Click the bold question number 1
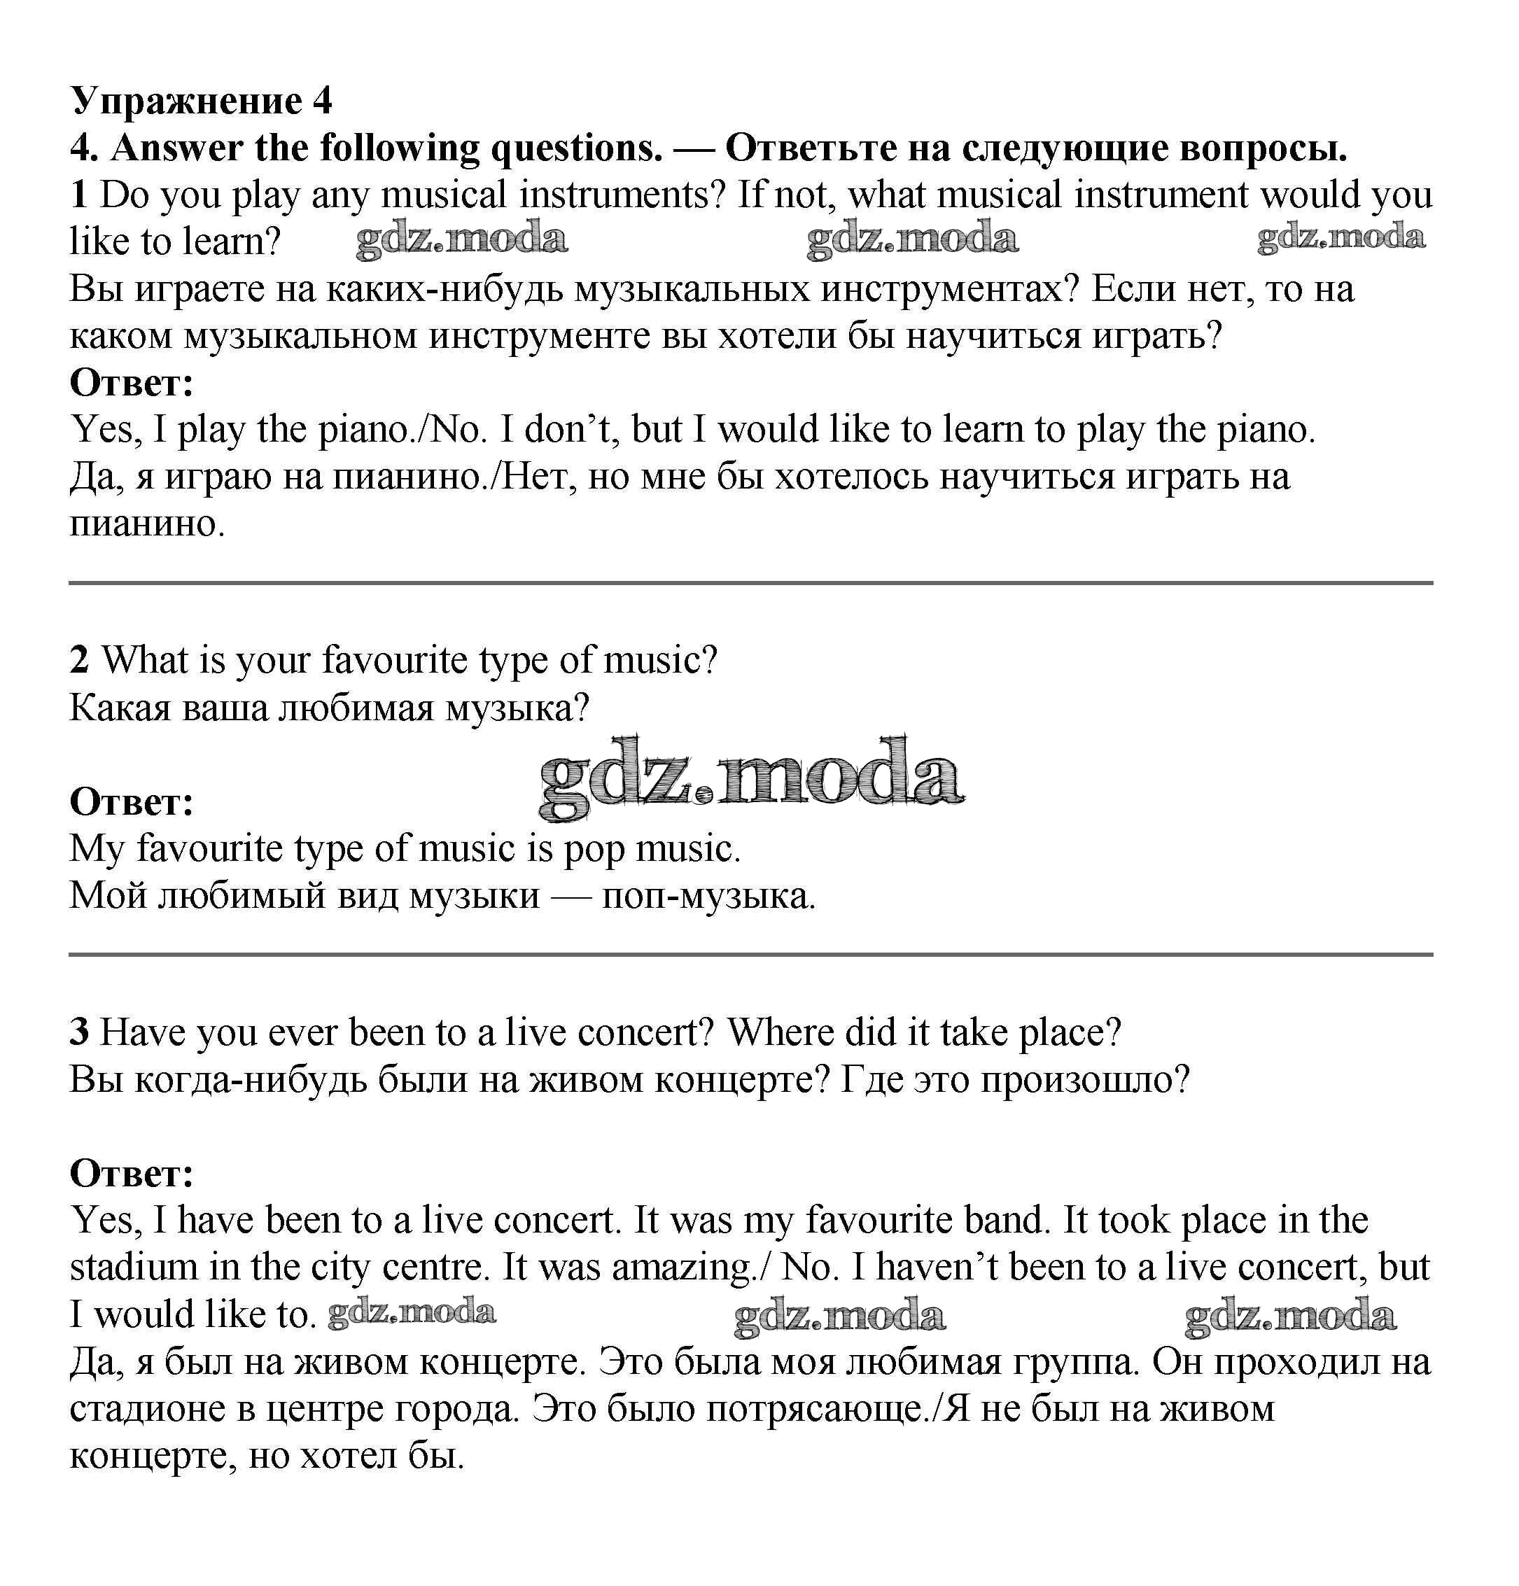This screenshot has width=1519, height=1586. coord(78,196)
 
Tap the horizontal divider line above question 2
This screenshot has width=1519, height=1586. coord(750,582)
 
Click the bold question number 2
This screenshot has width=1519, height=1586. coord(78,660)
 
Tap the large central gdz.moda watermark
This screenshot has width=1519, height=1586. coord(750,779)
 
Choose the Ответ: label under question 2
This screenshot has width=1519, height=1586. coord(132,802)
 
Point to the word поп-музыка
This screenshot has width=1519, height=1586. coord(708,897)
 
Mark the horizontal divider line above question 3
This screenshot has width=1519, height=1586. coord(750,955)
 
